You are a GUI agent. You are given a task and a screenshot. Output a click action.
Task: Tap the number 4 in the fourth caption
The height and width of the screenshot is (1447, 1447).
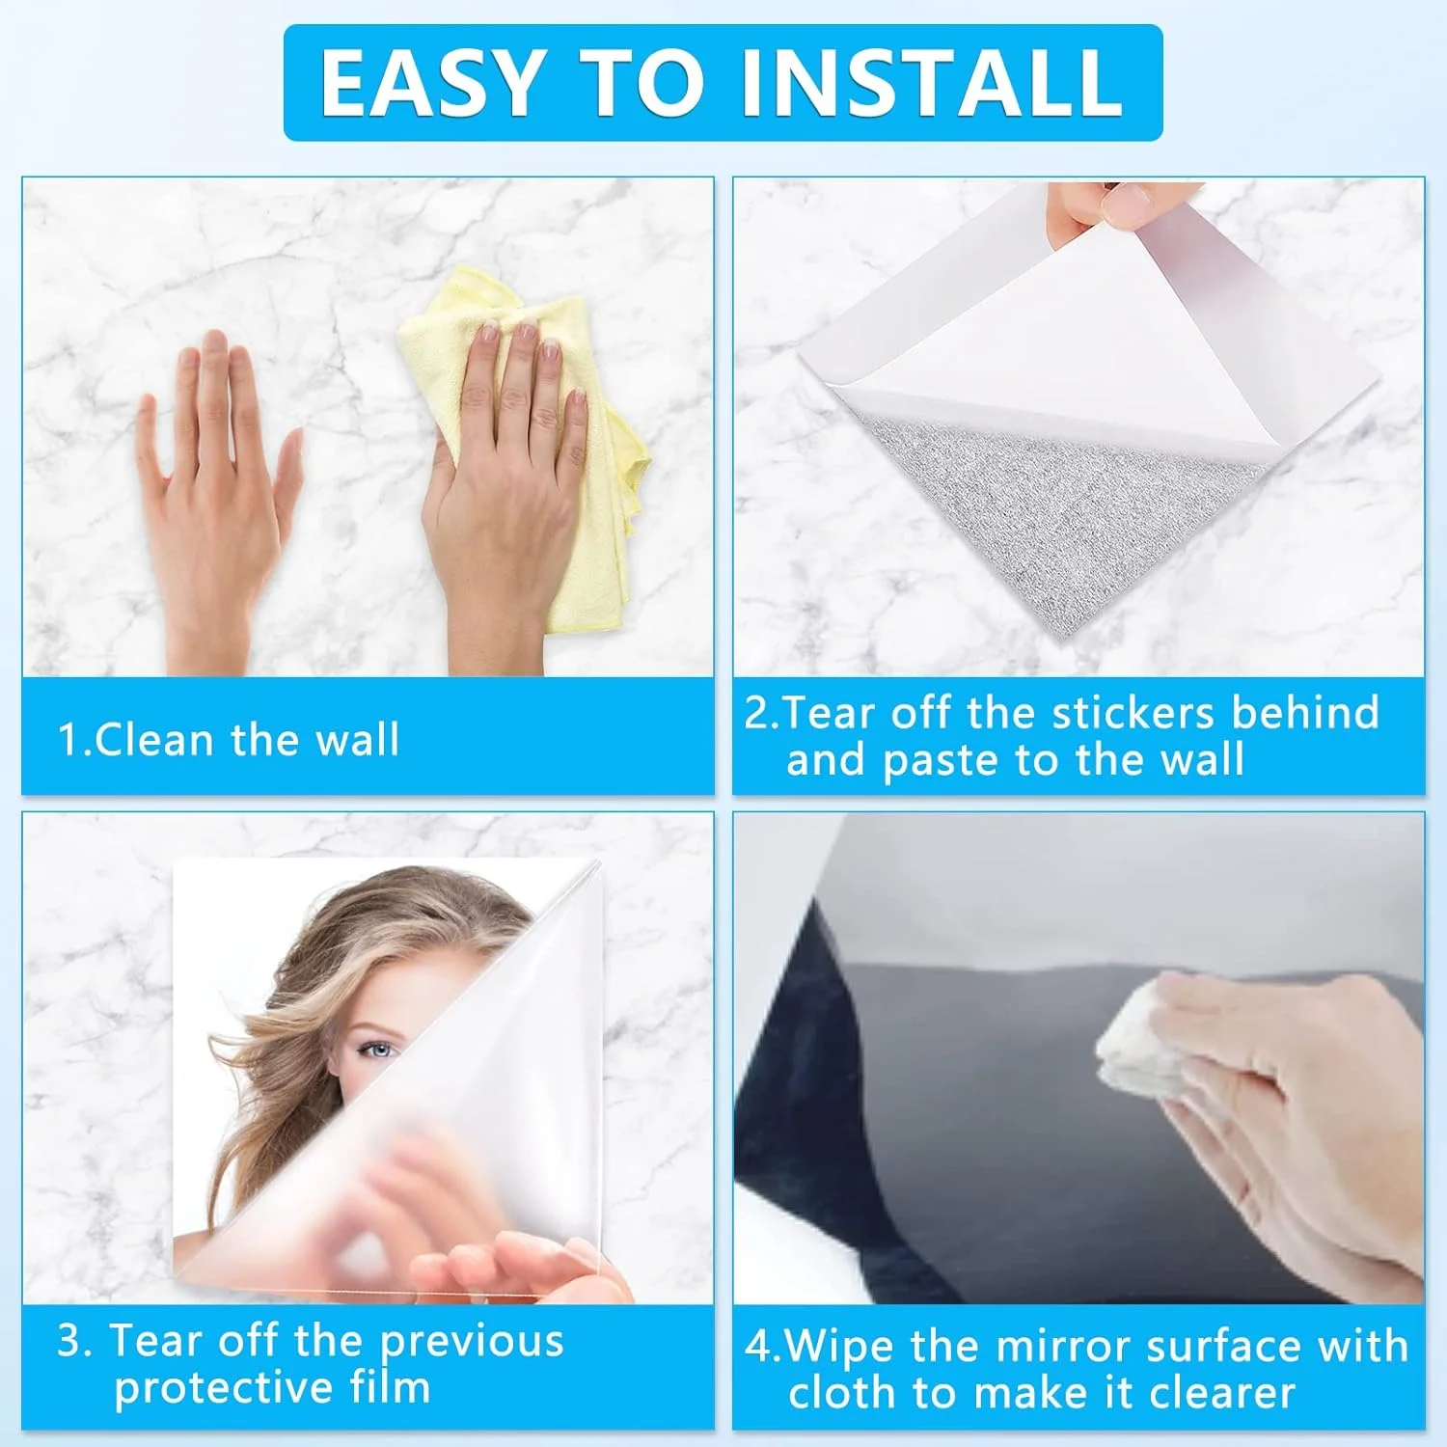click(x=756, y=1347)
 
